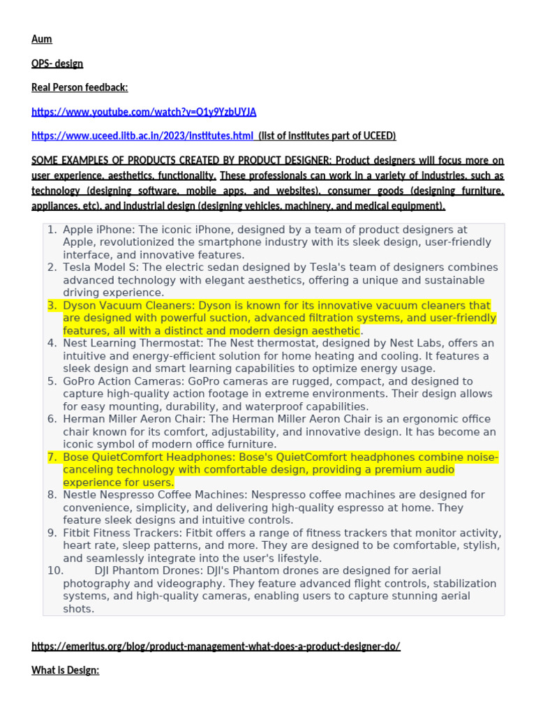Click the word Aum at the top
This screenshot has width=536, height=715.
click(x=42, y=39)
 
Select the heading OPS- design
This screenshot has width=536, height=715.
click(x=57, y=64)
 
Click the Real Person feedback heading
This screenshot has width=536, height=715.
click(x=80, y=87)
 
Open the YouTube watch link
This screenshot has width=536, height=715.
click(x=144, y=112)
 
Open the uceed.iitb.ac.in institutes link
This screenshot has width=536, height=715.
click(x=142, y=135)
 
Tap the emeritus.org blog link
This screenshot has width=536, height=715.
click(x=216, y=647)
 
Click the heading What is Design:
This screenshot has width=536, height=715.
click(x=66, y=670)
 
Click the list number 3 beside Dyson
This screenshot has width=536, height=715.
click(x=52, y=306)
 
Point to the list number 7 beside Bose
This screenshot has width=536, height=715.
click(x=52, y=457)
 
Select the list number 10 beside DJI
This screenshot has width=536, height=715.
click(x=56, y=571)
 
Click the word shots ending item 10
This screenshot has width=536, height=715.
click(x=78, y=609)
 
